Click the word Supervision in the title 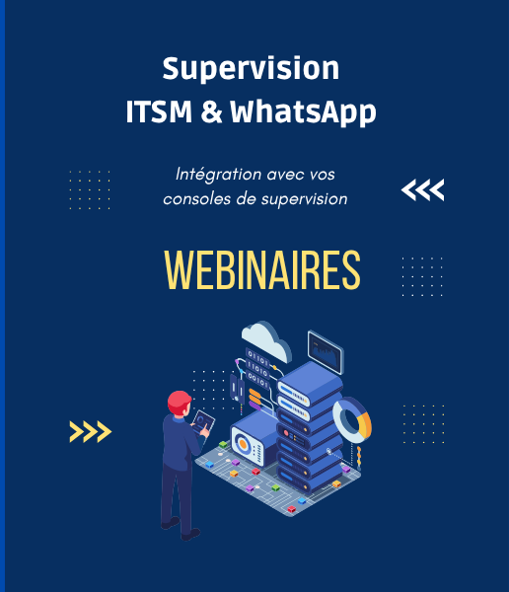[251, 69]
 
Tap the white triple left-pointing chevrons [422, 189]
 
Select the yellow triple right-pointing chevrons [90, 431]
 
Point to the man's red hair [179, 401]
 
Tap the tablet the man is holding [203, 423]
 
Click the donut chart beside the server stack [351, 420]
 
